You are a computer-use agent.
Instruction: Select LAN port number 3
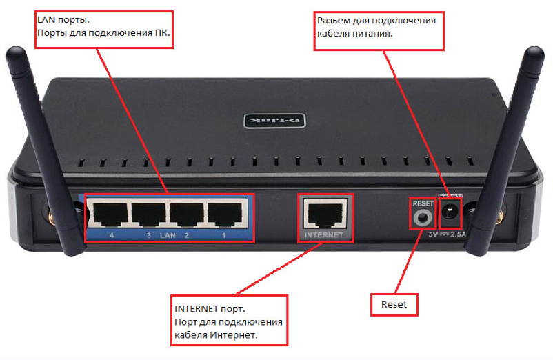pyautogui.click(x=148, y=214)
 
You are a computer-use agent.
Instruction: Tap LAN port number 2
pyautogui.click(x=187, y=214)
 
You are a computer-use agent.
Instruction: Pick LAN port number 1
pyautogui.click(x=225, y=214)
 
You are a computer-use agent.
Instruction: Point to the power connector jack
pyautogui.click(x=450, y=212)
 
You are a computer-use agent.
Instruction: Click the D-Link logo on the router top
pyautogui.click(x=274, y=121)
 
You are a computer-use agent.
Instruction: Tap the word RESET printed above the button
pyautogui.click(x=423, y=203)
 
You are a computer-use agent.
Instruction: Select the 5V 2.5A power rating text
pyautogui.click(x=448, y=234)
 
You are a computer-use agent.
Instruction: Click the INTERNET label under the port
pyautogui.click(x=324, y=235)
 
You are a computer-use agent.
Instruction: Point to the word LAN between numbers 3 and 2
pyautogui.click(x=168, y=235)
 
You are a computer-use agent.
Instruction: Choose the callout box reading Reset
pyautogui.click(x=394, y=304)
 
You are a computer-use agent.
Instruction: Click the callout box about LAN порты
pyautogui.click(x=104, y=29)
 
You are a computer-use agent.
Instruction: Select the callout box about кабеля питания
pyautogui.click(x=379, y=30)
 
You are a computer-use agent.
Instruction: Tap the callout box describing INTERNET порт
pyautogui.click(x=229, y=320)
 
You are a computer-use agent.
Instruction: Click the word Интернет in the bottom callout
pyautogui.click(x=234, y=334)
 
